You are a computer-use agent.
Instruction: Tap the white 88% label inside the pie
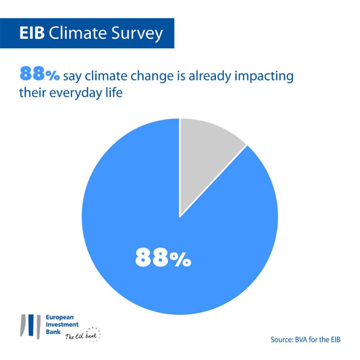click(163, 257)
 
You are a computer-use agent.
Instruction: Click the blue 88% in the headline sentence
click(40, 74)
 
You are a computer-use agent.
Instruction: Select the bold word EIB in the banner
click(32, 33)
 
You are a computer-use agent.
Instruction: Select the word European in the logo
click(60, 318)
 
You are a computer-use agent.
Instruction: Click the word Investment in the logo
click(62, 324)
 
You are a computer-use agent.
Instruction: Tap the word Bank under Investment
click(53, 332)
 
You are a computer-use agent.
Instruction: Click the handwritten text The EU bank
click(81, 336)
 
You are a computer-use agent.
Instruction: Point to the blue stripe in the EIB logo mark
click(31, 325)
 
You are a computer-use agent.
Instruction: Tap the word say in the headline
click(72, 77)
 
